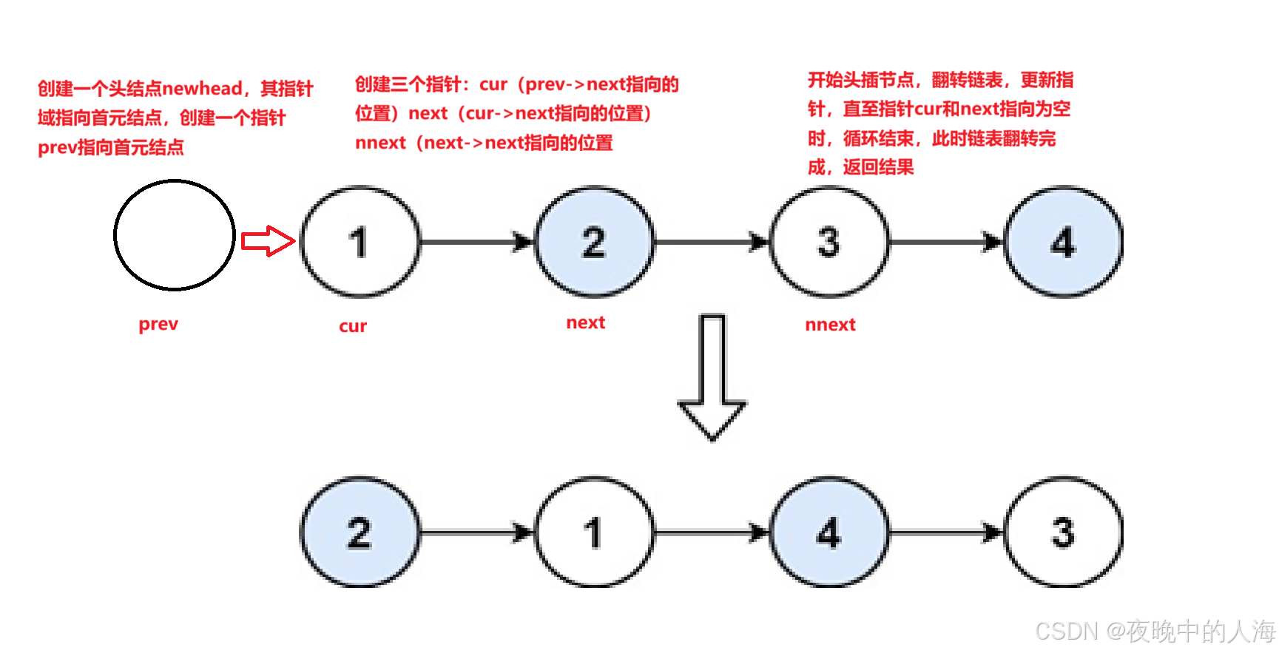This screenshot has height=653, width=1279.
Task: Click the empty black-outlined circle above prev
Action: pos(175,235)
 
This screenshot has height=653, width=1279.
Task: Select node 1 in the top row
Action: pos(360,242)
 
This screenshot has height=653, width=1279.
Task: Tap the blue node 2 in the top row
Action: pos(594,242)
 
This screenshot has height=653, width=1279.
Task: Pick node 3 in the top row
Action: pos(829,242)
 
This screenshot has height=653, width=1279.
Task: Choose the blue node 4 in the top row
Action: pos(1063,242)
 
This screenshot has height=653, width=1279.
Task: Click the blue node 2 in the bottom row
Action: pos(360,532)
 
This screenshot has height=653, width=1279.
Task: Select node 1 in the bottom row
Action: pos(594,532)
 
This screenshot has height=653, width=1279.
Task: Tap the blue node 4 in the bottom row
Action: pos(829,532)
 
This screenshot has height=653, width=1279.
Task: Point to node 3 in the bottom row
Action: pos(1063,532)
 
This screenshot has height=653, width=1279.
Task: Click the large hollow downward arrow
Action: pos(712,377)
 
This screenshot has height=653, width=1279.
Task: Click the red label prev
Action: pos(158,324)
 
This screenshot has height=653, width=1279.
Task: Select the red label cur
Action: pos(353,326)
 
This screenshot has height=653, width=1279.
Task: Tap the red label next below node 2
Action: pos(585,322)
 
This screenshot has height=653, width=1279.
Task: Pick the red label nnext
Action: pos(830,325)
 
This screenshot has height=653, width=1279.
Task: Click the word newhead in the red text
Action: pos(202,89)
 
